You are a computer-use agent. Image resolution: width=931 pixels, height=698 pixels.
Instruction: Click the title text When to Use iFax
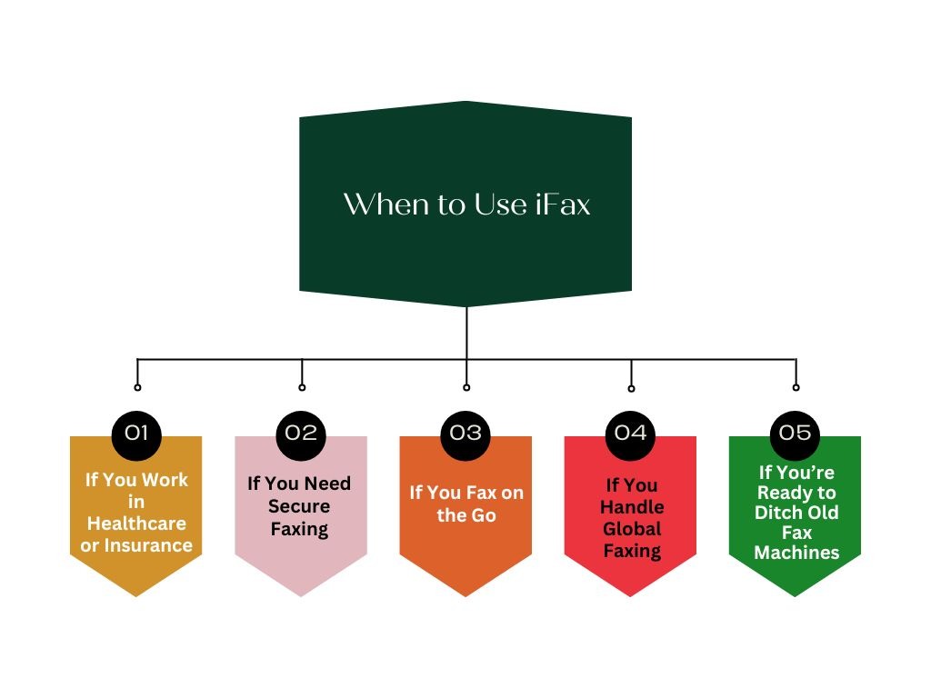[x=466, y=204]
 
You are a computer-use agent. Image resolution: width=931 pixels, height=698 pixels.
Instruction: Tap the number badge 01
[x=136, y=432]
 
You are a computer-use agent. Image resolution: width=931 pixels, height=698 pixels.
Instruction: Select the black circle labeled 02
[x=301, y=432]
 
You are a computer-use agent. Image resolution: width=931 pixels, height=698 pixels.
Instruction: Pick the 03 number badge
[x=465, y=432]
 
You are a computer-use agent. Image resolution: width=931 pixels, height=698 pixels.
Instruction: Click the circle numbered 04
[x=630, y=432]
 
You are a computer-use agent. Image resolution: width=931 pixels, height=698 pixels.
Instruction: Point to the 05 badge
[x=795, y=432]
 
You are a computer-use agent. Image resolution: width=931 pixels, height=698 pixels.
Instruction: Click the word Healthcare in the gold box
[x=136, y=523]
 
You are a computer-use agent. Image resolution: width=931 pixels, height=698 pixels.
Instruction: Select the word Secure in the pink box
[x=299, y=506]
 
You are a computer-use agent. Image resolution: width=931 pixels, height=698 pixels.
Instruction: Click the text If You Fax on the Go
[x=465, y=504]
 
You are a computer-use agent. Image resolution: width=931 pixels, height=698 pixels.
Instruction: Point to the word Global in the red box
[x=631, y=529]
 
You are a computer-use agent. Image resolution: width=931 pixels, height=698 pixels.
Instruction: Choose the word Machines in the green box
[x=796, y=553]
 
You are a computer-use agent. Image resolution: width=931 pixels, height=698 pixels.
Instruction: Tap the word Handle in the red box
[x=632, y=507]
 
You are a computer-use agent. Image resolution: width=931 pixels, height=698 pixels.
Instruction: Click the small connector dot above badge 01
[x=137, y=387]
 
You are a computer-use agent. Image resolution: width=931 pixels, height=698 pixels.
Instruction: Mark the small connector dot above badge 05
[x=796, y=387]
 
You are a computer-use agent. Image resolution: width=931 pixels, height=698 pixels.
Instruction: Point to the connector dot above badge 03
[x=466, y=387]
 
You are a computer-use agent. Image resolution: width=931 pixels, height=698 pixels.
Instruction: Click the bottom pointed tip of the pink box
[x=301, y=595]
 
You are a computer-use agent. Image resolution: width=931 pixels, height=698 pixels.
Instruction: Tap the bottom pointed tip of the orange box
[x=465, y=595]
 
